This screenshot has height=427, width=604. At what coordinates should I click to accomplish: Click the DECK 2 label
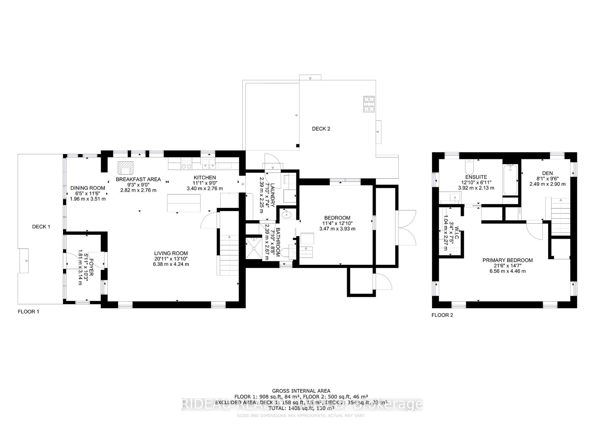[x=321, y=129]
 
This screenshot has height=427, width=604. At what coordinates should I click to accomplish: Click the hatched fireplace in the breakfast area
[x=126, y=168]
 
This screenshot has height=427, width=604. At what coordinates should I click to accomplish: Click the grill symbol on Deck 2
[x=369, y=104]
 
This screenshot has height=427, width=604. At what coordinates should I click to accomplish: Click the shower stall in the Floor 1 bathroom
[x=254, y=248]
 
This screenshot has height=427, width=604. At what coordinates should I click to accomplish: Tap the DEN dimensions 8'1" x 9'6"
[x=547, y=179]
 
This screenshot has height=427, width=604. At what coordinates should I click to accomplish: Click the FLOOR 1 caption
[x=28, y=312]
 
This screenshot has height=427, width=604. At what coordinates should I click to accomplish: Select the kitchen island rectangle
[x=184, y=203]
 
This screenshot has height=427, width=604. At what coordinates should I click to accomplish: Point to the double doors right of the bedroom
[x=406, y=228]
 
